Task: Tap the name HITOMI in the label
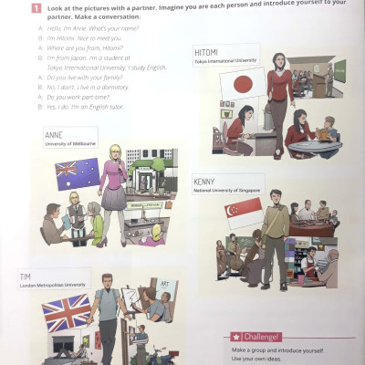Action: (x=206, y=52)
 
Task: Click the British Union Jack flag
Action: (x=67, y=313)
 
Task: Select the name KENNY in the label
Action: (x=204, y=182)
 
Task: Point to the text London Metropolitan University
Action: (x=55, y=285)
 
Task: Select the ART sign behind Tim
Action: (x=165, y=284)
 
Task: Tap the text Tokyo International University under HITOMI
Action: (x=227, y=61)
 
